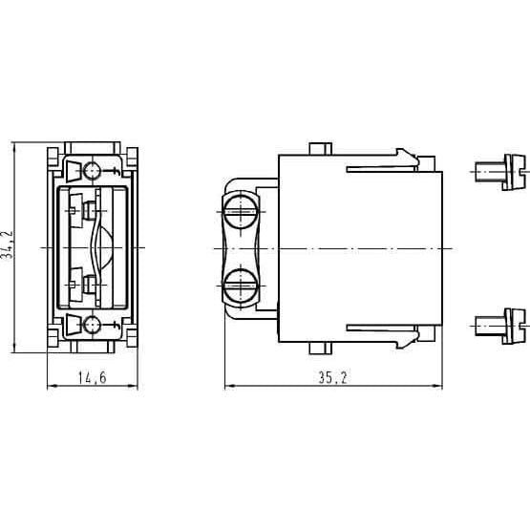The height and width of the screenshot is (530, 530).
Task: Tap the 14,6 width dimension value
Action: click(91, 378)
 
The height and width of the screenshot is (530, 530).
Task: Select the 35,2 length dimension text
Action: click(332, 378)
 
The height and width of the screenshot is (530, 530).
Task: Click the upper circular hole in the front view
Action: click(93, 172)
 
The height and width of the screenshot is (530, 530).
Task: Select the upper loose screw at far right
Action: click(501, 172)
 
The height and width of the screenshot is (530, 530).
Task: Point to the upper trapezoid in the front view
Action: click(73, 172)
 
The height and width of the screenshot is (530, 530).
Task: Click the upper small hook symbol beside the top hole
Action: click(115, 172)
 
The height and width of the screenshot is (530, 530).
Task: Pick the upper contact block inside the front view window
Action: click(89, 210)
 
